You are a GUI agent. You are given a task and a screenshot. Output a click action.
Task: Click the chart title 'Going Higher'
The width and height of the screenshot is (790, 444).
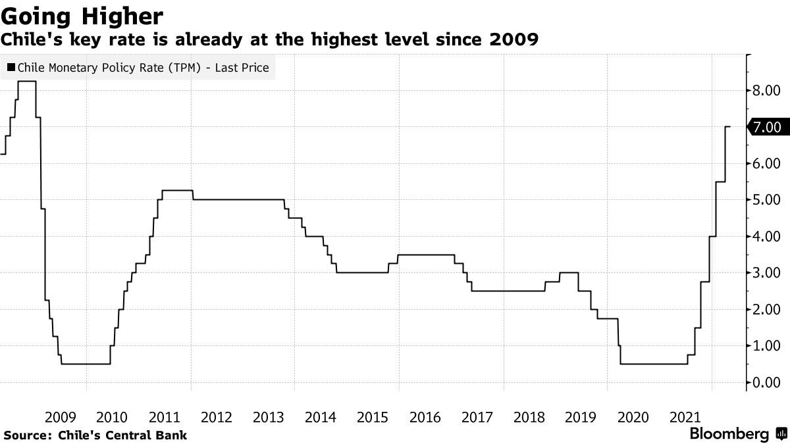coord(82,15)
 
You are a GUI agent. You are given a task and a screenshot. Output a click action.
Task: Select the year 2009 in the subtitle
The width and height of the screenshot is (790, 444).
coord(515,40)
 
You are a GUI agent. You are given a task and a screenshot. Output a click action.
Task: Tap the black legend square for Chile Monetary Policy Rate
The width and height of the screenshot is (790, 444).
coord(11,67)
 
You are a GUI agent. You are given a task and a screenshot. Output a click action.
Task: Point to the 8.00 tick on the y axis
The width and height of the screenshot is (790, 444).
coord(766,91)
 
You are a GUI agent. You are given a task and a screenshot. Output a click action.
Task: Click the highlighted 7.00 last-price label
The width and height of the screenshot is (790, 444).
coord(766,127)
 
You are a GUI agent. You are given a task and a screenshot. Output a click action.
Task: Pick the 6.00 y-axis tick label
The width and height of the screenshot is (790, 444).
coord(766,163)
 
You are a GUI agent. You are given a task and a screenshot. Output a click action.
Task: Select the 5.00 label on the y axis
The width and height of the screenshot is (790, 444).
coord(766,200)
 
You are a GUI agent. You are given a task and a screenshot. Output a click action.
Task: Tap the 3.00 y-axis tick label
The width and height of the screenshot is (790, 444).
coord(766,273)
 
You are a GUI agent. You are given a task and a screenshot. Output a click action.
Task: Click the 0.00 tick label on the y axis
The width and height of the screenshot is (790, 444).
coord(766,382)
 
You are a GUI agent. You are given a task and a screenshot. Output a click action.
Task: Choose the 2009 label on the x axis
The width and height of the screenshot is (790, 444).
coord(61,417)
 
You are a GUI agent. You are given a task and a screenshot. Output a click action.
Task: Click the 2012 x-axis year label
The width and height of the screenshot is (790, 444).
coord(217,417)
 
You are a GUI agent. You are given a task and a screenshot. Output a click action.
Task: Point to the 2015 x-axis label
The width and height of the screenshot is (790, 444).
coord(373,417)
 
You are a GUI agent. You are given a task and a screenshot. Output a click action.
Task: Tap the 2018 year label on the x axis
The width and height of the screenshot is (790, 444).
coord(529,417)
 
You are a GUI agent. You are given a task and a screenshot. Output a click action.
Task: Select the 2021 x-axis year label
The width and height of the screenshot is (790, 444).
coord(685,417)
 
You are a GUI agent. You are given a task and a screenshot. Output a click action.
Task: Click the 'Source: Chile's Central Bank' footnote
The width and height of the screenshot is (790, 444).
coord(95,435)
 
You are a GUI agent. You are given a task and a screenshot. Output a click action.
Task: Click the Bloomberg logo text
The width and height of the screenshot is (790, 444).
coord(729,434)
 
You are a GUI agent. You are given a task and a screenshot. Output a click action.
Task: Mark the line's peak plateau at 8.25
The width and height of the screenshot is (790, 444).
coord(26,82)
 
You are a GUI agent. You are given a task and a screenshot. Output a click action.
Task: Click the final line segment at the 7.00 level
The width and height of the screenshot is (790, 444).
coord(727,127)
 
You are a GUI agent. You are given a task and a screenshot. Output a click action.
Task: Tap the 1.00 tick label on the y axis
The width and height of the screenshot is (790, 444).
coord(766,346)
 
